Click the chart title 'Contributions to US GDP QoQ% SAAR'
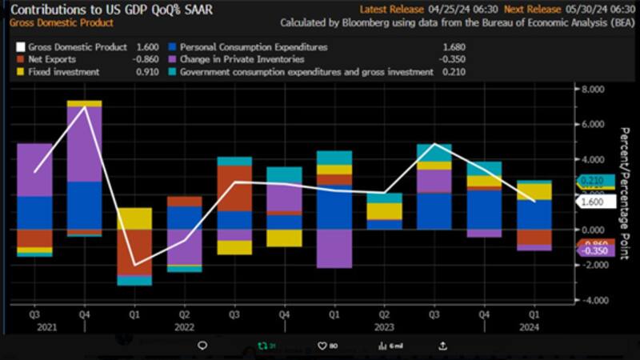click(x=111, y=10)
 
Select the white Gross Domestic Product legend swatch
click(x=22, y=48)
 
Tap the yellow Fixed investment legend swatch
click(x=22, y=72)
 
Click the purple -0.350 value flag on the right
click(x=596, y=250)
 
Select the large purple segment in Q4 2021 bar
click(x=84, y=144)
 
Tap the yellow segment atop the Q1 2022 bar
click(x=134, y=218)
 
